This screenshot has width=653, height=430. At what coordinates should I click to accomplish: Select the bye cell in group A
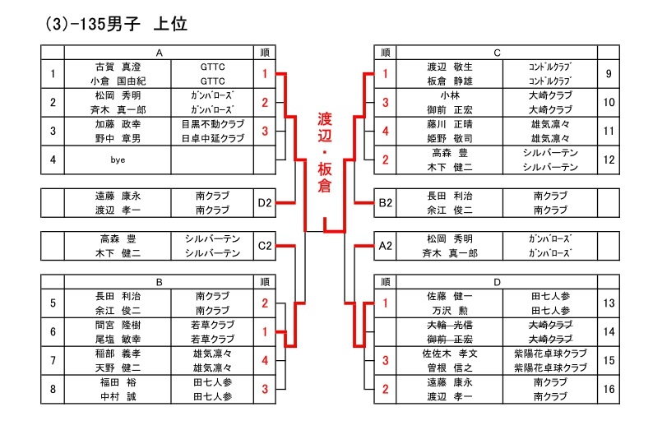[118, 160]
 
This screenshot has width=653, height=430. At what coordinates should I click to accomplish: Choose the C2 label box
[265, 245]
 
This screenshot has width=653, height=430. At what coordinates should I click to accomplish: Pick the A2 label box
[384, 245]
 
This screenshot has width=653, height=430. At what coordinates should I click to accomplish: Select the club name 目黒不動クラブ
[212, 124]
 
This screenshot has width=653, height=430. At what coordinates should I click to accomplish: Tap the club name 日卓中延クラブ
[212, 138]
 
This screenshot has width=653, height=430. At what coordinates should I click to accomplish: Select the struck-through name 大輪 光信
[448, 325]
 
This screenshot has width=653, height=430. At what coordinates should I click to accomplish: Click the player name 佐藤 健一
[448, 297]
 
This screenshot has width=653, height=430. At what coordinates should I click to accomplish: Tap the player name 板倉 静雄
[448, 81]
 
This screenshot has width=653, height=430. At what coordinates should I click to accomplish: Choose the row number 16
[609, 389]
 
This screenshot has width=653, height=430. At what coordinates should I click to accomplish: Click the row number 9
[609, 74]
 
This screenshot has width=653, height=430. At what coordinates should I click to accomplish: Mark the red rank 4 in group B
[265, 360]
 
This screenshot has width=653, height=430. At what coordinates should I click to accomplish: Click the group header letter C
[497, 53]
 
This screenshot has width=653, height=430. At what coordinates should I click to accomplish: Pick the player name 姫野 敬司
[448, 138]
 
